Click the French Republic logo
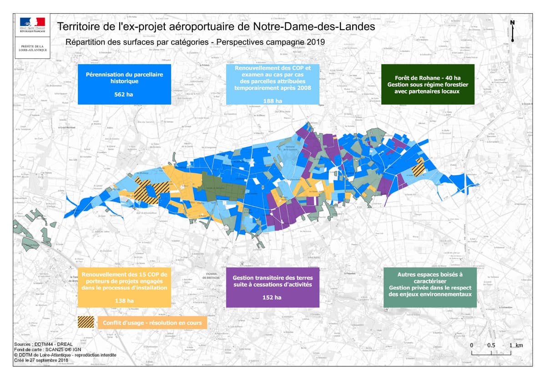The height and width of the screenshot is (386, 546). (32, 24)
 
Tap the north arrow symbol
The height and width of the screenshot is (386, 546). (512, 31)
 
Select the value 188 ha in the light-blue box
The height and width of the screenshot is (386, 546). (273, 101)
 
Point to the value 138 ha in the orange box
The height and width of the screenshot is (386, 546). (124, 300)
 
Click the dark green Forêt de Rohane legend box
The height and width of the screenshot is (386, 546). (427, 84)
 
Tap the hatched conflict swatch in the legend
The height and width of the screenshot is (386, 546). (86, 323)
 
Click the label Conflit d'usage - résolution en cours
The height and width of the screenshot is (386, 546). (152, 323)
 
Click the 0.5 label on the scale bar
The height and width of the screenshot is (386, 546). (491, 345)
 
